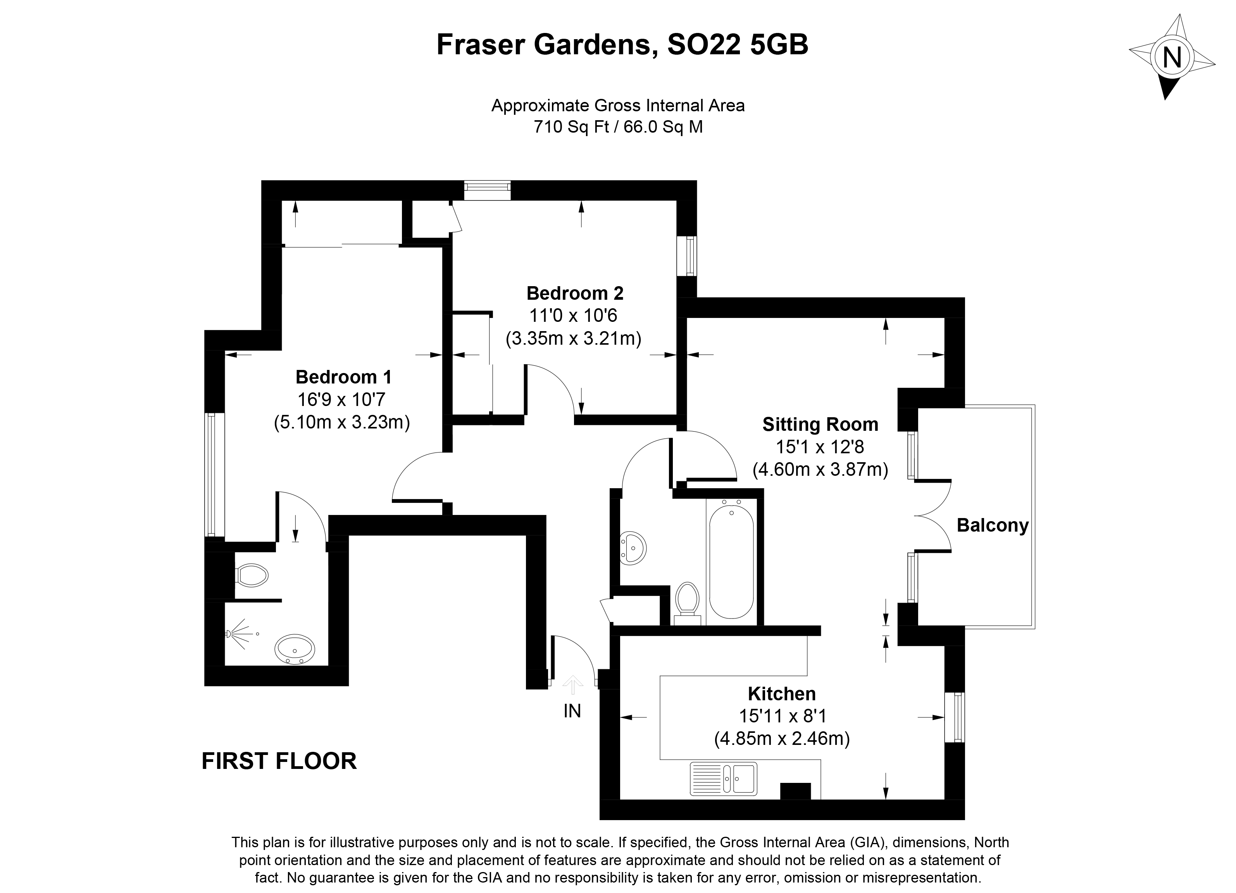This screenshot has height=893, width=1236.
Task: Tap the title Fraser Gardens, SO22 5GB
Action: (622, 45)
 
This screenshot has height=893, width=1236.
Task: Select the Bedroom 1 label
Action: (343, 377)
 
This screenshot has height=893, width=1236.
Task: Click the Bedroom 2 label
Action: (575, 293)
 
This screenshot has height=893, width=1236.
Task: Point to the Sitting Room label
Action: (820, 424)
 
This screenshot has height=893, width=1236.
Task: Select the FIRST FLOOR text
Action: (279, 761)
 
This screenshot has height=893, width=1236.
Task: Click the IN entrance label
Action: (572, 711)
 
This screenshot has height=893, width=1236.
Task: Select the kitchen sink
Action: (723, 778)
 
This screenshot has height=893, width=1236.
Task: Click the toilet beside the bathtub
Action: (687, 603)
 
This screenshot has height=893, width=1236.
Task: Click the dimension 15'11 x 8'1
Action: (783, 716)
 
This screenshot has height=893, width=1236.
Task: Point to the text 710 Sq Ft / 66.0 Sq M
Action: (618, 126)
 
